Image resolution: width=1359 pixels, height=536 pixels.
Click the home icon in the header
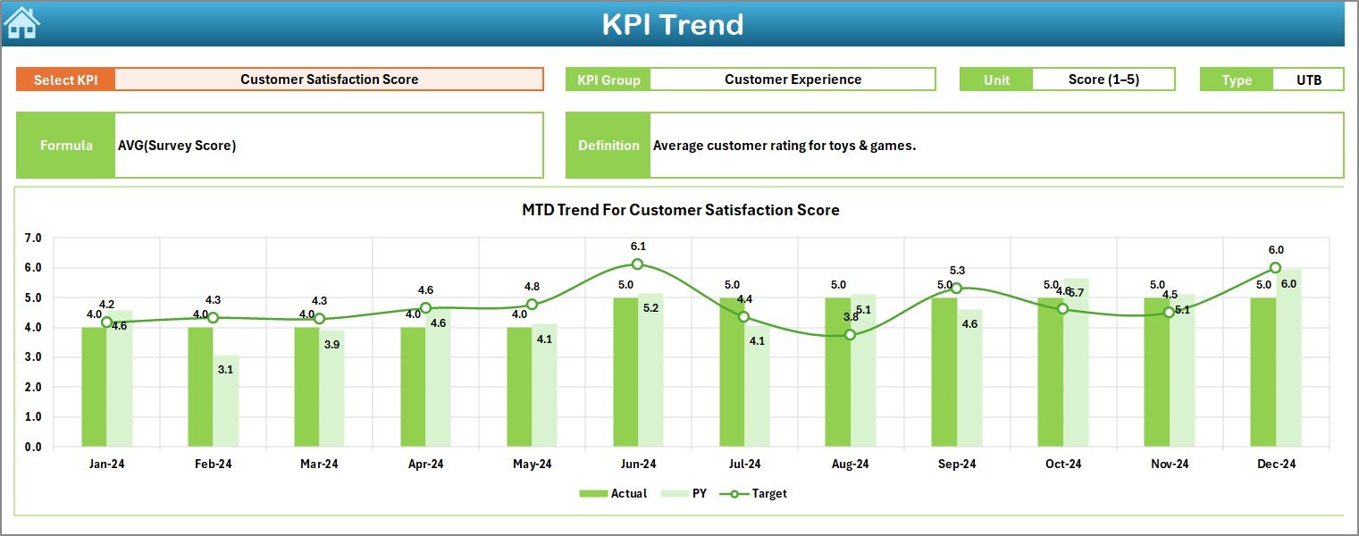coord(21,23)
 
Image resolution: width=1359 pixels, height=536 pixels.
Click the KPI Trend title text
coord(672,24)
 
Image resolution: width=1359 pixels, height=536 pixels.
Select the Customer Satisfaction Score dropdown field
coord(329,80)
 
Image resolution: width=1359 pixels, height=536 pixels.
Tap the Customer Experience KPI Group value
coord(793,80)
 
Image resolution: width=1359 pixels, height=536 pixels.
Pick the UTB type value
coord(1308,80)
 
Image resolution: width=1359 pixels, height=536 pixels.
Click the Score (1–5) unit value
coord(1103,80)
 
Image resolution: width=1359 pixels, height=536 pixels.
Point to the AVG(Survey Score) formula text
coord(177,146)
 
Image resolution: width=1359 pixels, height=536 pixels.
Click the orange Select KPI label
coord(66,80)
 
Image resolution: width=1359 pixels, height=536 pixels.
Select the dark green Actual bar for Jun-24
coord(625,372)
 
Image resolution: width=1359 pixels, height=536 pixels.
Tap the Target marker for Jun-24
coord(637,264)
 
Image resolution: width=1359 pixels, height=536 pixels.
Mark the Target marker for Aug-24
coord(850,334)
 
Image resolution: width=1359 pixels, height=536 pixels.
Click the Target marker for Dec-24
coord(1275,268)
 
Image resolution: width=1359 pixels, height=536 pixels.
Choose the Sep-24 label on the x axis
coord(956,465)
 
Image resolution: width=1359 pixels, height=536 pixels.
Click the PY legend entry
coord(691,493)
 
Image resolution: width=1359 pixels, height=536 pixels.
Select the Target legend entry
coord(759,493)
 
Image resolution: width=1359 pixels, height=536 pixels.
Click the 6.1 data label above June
coord(638,247)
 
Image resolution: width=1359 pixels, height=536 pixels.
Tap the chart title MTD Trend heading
coord(680,211)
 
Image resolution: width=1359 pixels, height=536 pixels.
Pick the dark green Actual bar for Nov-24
coord(1157,372)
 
